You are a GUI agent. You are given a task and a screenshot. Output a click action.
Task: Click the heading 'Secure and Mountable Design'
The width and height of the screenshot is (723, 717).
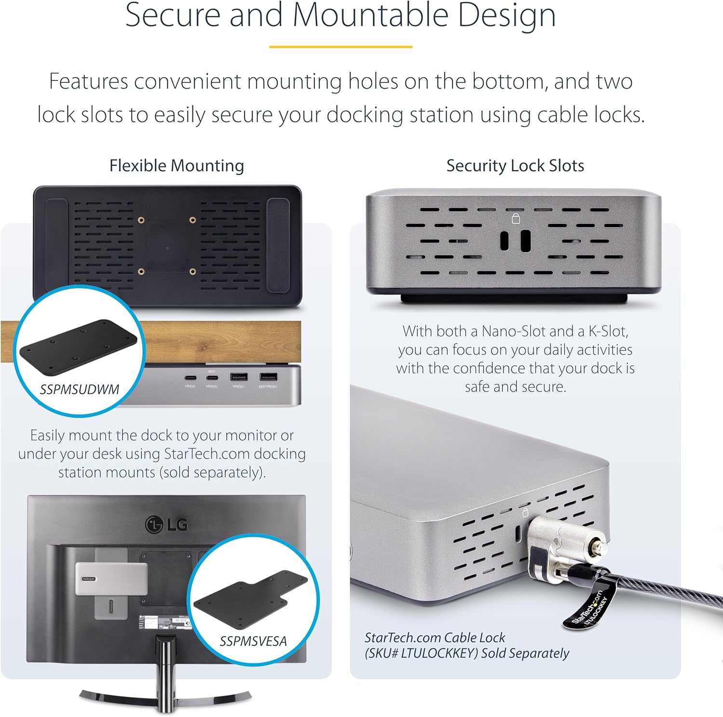tap(340, 15)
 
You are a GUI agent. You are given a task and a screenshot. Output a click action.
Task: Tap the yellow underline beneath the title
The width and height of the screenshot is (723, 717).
tap(340, 47)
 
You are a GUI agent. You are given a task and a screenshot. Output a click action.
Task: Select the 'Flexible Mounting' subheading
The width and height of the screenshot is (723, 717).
tap(176, 166)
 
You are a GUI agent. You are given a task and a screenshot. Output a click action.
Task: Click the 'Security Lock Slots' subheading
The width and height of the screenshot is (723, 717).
tap(515, 166)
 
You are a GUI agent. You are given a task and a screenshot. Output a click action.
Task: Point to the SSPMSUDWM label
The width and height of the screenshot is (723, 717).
tap(80, 389)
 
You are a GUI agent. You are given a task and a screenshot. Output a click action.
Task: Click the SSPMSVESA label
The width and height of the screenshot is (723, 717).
tap(253, 641)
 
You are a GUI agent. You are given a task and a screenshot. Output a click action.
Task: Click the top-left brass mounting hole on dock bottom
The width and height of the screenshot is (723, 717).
tap(141, 220)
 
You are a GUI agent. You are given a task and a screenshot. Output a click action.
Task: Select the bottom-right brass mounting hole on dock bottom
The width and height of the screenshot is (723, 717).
tap(193, 272)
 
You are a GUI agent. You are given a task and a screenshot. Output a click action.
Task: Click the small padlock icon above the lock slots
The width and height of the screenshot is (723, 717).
tap(516, 219)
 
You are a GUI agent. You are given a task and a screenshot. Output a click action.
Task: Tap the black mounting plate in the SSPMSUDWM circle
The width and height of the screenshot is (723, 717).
tap(78, 343)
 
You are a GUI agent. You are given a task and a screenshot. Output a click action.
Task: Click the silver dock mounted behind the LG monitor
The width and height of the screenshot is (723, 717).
tap(111, 578)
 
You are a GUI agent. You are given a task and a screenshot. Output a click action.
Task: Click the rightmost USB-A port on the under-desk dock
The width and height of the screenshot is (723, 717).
tap(268, 377)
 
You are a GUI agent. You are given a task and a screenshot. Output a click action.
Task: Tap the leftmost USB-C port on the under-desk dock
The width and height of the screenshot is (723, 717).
tap(190, 377)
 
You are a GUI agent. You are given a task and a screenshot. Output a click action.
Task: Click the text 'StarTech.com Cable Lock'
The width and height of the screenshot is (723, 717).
tap(434, 637)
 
